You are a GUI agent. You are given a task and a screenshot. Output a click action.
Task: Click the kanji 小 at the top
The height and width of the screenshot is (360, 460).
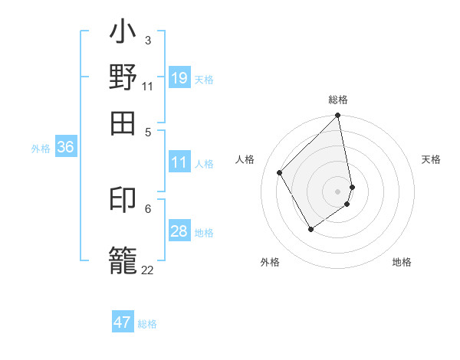tap(123, 35)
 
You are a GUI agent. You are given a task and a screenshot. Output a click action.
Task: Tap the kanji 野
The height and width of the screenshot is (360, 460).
tap(123, 77)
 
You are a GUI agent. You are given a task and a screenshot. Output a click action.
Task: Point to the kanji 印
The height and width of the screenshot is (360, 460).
tap(123, 201)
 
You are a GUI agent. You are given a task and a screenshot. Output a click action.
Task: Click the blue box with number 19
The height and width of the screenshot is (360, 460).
tap(179, 78)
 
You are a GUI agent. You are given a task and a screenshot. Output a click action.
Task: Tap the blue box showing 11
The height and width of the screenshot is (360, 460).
tap(179, 162)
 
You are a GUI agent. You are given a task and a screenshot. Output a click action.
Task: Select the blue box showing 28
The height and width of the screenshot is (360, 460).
tap(179, 231)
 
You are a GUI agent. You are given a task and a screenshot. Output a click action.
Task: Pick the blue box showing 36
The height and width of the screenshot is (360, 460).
tap(65, 147)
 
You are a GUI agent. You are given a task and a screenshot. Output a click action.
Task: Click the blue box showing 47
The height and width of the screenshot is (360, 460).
tap(123, 322)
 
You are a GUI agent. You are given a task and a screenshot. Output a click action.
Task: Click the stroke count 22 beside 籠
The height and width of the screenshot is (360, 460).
tap(147, 270)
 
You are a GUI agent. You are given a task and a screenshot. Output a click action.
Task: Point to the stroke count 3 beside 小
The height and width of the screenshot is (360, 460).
tap(148, 40)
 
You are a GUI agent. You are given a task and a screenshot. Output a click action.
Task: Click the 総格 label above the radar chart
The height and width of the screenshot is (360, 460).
tap(338, 100)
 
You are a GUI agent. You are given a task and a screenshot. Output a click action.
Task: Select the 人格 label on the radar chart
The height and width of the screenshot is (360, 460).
tap(245, 159)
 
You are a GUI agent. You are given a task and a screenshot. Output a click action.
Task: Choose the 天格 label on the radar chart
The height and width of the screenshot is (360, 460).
tap(431, 159)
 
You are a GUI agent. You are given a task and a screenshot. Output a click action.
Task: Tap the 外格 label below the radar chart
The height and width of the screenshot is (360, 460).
tap(270, 263)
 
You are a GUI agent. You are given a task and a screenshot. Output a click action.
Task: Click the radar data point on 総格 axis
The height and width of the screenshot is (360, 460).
tap(338, 116)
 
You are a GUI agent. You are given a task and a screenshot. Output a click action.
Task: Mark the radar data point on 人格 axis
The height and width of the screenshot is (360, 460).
tap(280, 172)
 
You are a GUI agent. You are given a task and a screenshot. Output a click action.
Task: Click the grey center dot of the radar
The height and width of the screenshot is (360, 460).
tap(338, 191)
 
